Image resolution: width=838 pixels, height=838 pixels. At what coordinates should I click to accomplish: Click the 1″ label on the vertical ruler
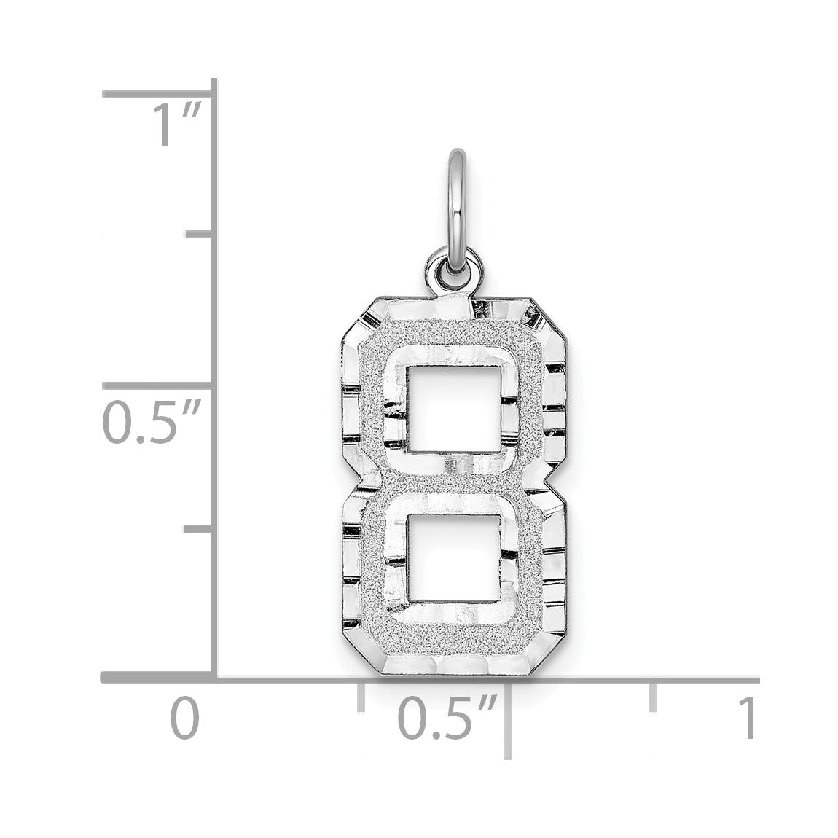coord(177,125)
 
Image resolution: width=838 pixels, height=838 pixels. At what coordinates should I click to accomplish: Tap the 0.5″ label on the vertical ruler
coord(152,422)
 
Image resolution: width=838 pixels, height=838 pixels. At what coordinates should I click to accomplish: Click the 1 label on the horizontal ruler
coord(748,717)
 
